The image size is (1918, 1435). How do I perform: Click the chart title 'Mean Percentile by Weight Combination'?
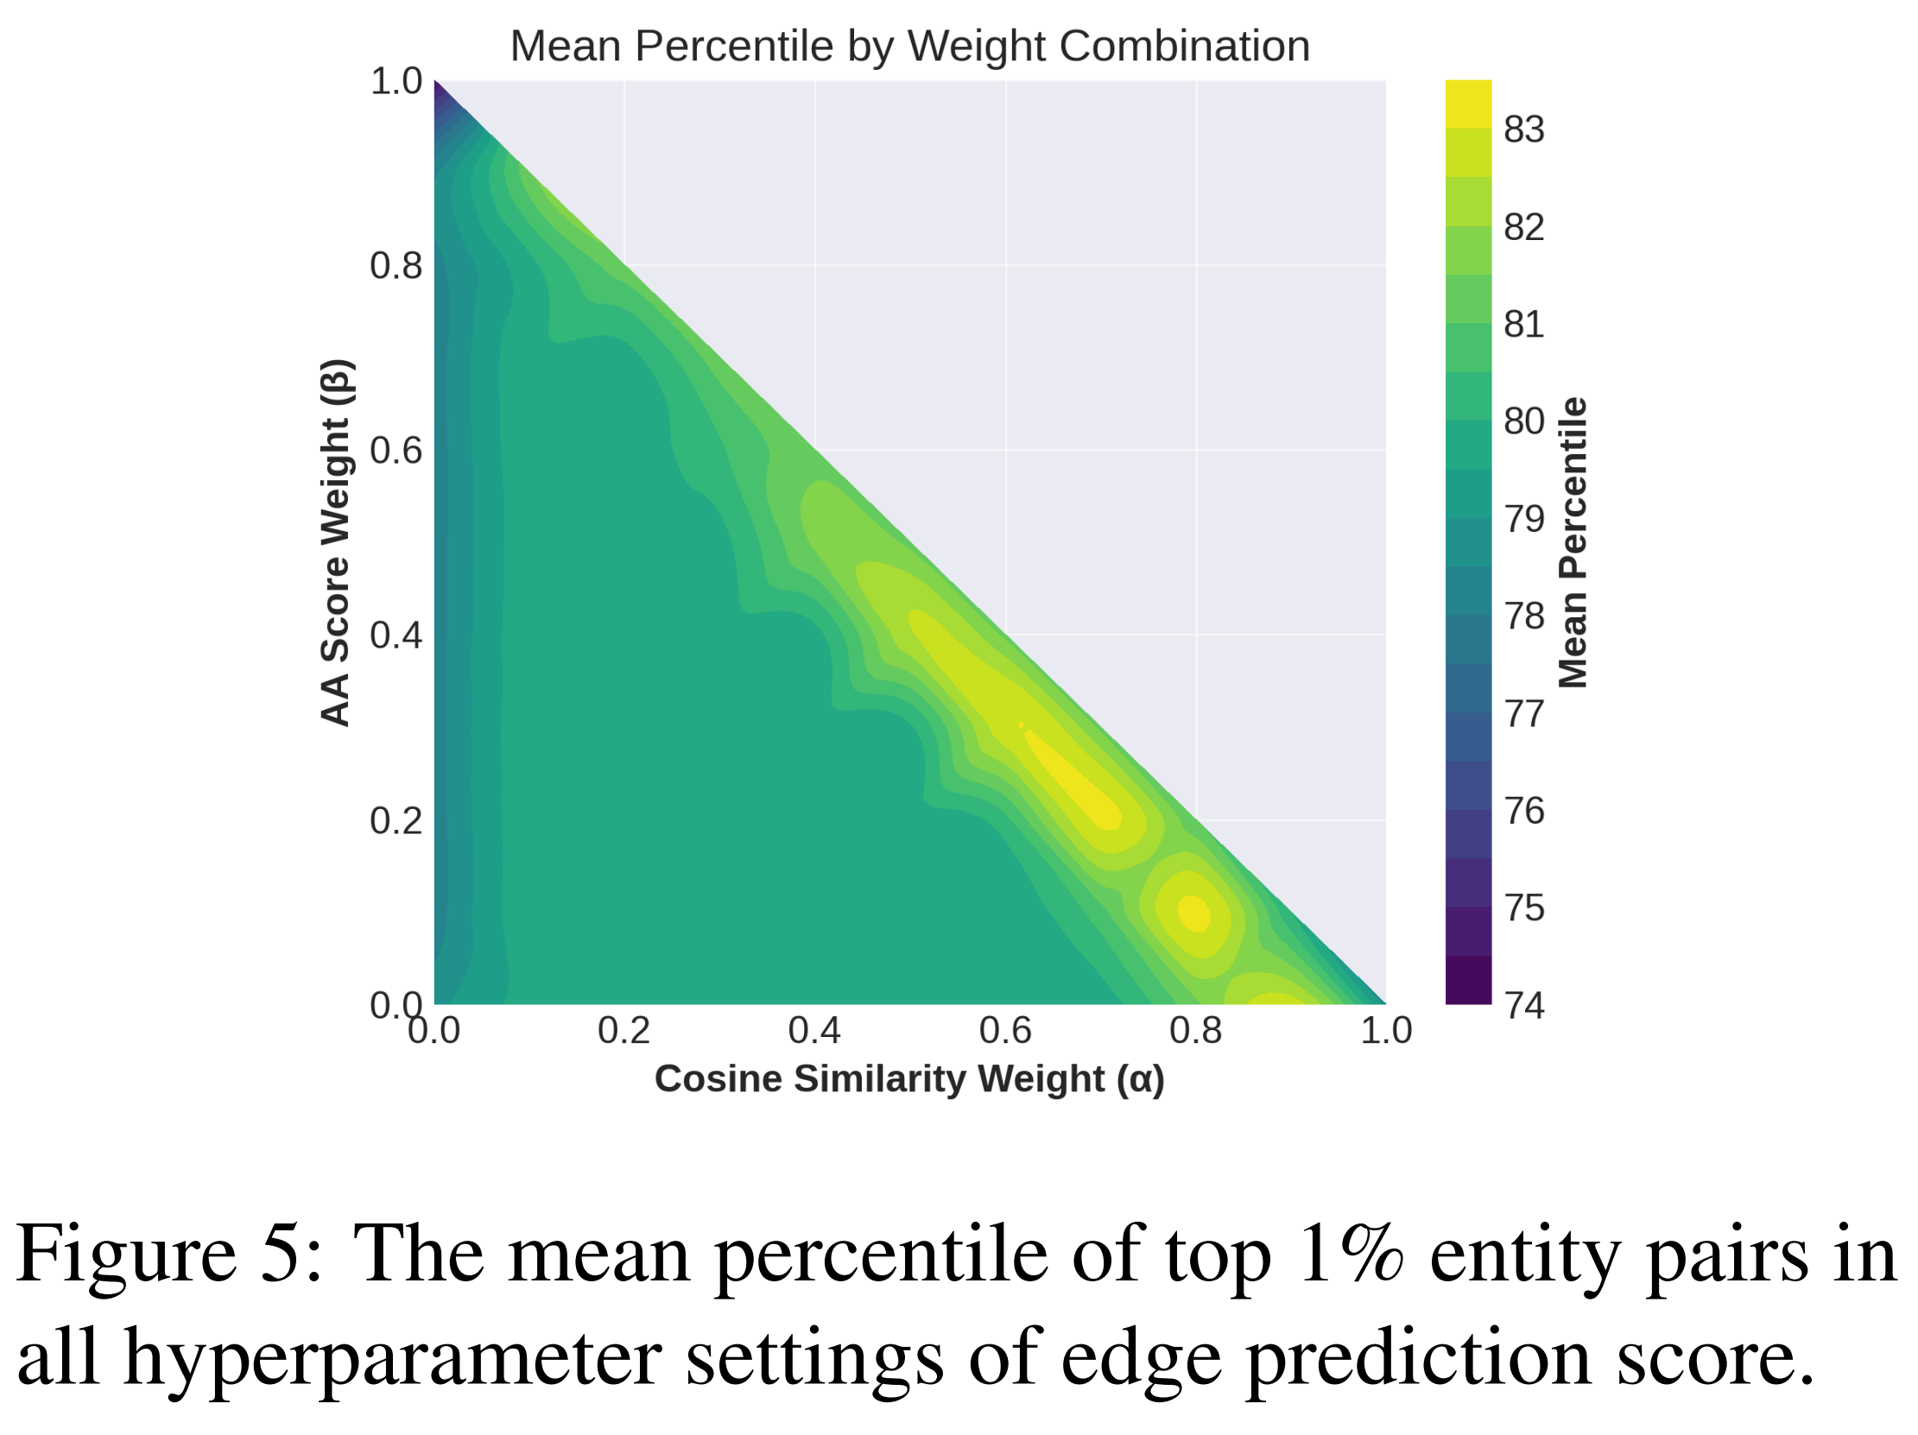pyautogui.click(x=909, y=46)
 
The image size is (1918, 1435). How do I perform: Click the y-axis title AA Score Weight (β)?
pyautogui.click(x=336, y=542)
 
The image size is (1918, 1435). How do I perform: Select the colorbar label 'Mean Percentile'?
pyautogui.click(x=1573, y=542)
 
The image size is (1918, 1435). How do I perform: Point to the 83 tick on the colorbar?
pyautogui.click(x=1523, y=130)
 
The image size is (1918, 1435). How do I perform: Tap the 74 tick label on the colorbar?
pyautogui.click(x=1523, y=1005)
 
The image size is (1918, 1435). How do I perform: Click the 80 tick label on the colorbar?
pyautogui.click(x=1523, y=421)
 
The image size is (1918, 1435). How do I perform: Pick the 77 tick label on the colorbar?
pyautogui.click(x=1523, y=713)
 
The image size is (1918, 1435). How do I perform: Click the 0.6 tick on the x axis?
pyautogui.click(x=1005, y=1030)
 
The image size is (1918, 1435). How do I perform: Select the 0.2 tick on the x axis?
pyautogui.click(x=624, y=1030)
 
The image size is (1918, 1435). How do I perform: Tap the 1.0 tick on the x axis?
pyautogui.click(x=1386, y=1030)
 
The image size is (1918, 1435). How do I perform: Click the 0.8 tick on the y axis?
pyautogui.click(x=396, y=265)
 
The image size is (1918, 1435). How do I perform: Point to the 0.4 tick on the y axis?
pyautogui.click(x=396, y=635)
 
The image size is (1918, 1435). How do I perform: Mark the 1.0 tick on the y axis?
pyautogui.click(x=396, y=81)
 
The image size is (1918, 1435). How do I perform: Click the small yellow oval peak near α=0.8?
pyautogui.click(x=1194, y=913)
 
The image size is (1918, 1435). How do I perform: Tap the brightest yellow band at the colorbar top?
pyautogui.click(x=1468, y=104)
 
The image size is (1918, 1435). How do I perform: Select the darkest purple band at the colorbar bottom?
pyautogui.click(x=1468, y=981)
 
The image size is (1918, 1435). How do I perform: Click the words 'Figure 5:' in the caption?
pyautogui.click(x=169, y=1254)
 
